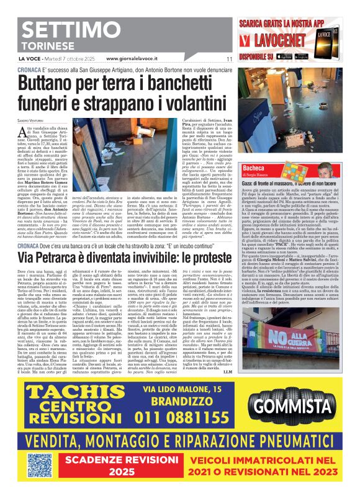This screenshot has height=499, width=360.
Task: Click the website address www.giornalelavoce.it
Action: (x=141, y=59)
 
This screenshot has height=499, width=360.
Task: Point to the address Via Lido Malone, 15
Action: (x=191, y=389)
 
